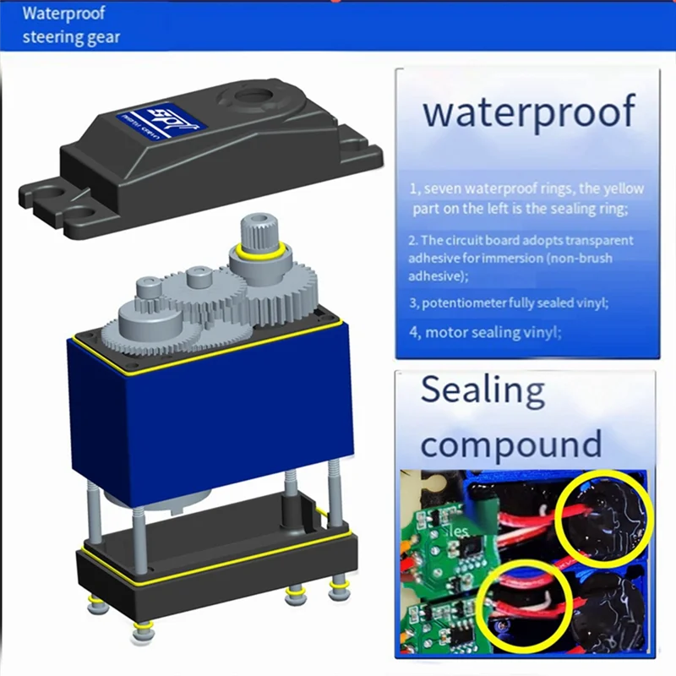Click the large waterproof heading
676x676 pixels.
[528, 112]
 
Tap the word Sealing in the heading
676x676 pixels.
[482, 390]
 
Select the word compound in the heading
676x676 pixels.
[511, 443]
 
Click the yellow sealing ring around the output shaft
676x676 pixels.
[259, 251]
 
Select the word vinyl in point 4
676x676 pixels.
[540, 332]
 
